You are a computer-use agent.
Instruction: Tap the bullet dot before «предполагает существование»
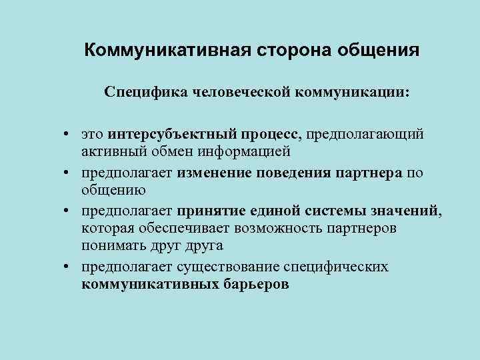click(69, 267)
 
